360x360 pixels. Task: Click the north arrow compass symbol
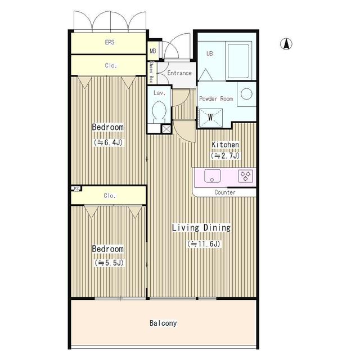[285, 43]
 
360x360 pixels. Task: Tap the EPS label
[110, 42]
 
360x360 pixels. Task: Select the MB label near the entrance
[152, 51]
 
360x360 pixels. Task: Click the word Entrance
[179, 73]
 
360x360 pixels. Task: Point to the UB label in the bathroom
[209, 53]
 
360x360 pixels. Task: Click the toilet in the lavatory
[159, 112]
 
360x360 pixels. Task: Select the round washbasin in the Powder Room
[245, 94]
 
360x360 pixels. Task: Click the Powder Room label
[216, 98]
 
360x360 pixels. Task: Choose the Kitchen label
[225, 145]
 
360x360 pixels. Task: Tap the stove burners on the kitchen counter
[245, 175]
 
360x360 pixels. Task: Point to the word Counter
[225, 192]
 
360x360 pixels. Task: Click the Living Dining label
[201, 228]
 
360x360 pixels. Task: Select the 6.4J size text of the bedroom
[108, 143]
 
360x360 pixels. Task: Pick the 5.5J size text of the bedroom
[108, 263]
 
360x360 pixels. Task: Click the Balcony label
[163, 323]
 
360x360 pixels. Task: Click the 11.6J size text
[204, 244]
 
